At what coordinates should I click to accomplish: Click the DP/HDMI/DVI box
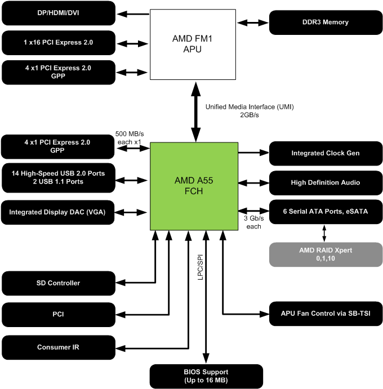pyautogui.click(x=59, y=13)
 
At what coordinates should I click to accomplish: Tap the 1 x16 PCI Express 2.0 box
pyautogui.click(x=59, y=42)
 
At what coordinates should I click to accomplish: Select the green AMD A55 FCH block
pyautogui.click(x=194, y=186)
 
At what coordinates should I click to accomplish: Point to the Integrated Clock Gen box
pyautogui.click(x=325, y=153)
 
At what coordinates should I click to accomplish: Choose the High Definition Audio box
pyautogui.click(x=325, y=182)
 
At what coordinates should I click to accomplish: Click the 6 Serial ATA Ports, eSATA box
pyautogui.click(x=325, y=212)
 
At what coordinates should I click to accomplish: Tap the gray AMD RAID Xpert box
pyautogui.click(x=325, y=254)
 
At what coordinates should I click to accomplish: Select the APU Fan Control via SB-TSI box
pyautogui.click(x=325, y=313)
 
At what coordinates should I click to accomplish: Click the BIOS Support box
pyautogui.click(x=206, y=376)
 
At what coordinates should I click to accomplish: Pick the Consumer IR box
pyautogui.click(x=59, y=347)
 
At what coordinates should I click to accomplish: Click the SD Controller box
pyautogui.click(x=59, y=283)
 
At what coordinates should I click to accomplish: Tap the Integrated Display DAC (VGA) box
pyautogui.click(x=59, y=212)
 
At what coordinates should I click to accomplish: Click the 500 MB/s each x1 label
pyautogui.click(x=130, y=137)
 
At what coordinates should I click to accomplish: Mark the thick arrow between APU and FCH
pyautogui.click(x=196, y=111)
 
